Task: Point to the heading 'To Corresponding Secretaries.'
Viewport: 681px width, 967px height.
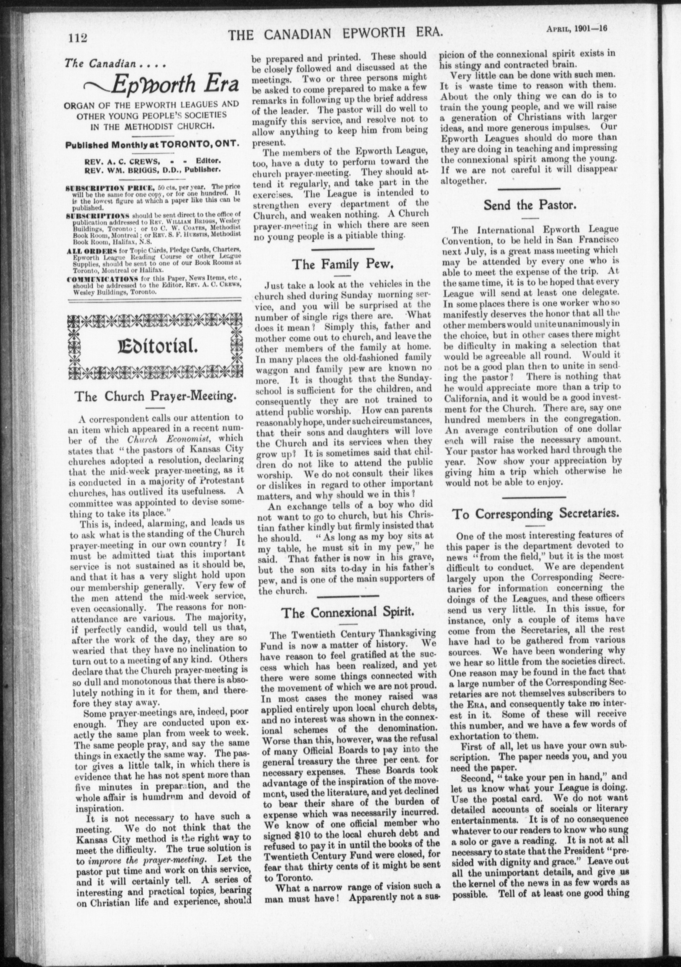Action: point(535,513)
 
